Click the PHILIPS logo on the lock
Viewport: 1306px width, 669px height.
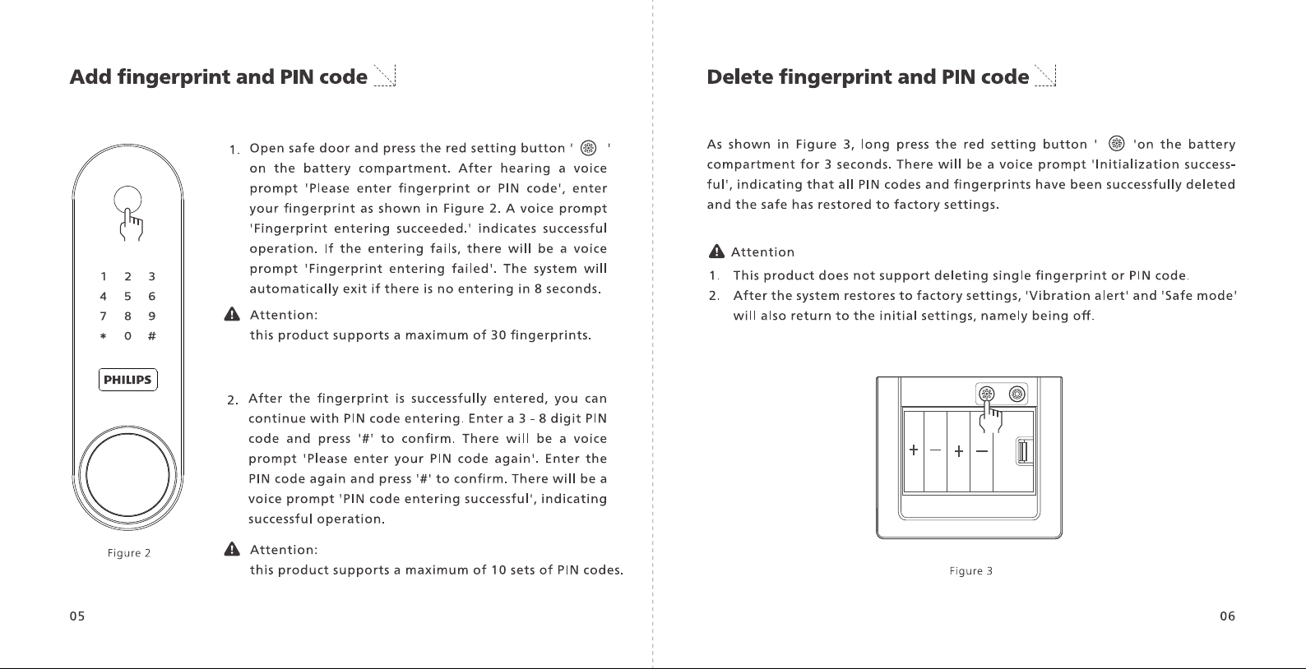point(127,380)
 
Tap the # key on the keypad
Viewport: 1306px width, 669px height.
point(151,336)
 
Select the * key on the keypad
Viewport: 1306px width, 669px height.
point(103,336)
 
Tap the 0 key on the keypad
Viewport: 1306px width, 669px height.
point(127,336)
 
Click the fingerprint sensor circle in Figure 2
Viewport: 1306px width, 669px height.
point(127,200)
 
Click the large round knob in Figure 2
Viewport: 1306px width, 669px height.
point(127,474)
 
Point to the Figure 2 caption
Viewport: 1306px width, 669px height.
point(129,553)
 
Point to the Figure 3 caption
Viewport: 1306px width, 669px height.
point(970,571)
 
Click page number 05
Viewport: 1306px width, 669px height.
point(77,616)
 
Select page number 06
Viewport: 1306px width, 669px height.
point(1227,616)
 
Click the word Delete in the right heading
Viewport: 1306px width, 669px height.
point(740,77)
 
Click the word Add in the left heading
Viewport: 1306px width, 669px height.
point(90,77)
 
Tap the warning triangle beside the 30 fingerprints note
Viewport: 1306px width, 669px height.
point(232,315)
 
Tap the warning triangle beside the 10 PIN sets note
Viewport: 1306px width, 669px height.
point(232,549)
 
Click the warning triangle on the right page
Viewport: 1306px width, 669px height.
point(716,251)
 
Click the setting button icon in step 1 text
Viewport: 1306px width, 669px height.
point(588,148)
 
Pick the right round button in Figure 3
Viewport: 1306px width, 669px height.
point(1017,394)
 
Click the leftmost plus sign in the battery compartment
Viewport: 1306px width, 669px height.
point(914,450)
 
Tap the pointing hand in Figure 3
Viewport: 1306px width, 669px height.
point(989,417)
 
